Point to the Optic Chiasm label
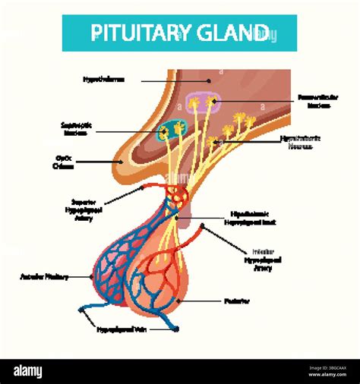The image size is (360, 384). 64,162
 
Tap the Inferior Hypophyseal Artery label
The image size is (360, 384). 267,259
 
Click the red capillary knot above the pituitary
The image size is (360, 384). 178,197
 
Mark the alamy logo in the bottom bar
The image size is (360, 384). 38,371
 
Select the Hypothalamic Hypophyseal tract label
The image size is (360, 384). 255,219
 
